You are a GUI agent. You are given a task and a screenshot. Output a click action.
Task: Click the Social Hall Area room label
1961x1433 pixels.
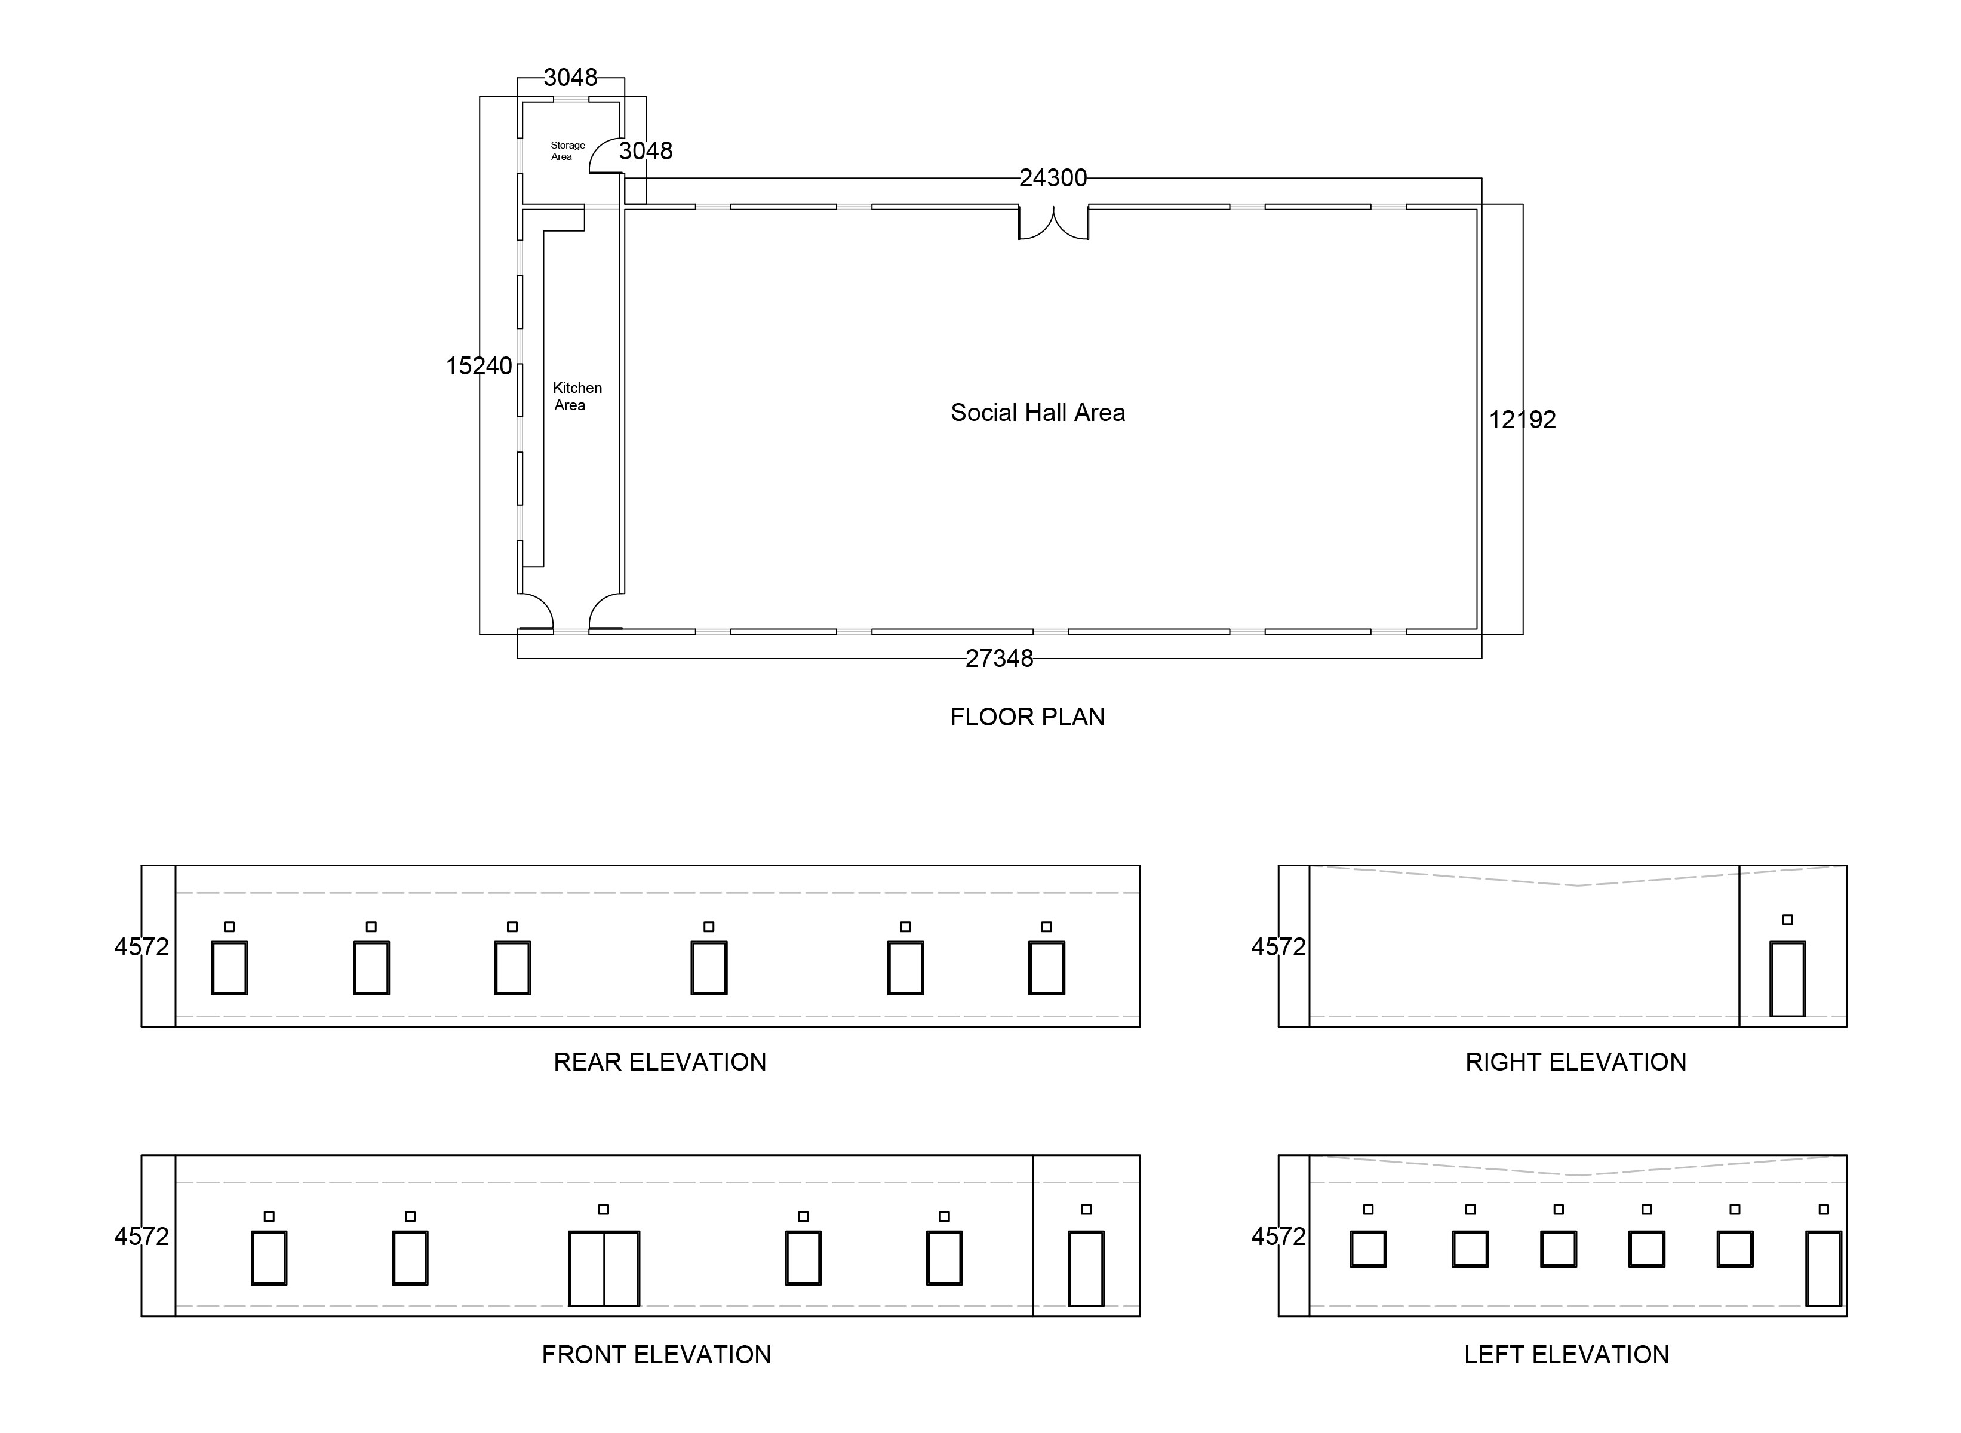[1037, 413]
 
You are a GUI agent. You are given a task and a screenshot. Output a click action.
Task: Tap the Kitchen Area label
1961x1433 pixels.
[577, 396]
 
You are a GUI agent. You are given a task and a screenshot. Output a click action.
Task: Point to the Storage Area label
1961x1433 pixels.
[567, 151]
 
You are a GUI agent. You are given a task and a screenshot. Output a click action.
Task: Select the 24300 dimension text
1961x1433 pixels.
[1053, 178]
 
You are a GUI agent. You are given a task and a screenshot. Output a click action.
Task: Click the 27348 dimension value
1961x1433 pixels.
[999, 659]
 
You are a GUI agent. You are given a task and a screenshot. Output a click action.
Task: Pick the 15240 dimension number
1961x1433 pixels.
[479, 366]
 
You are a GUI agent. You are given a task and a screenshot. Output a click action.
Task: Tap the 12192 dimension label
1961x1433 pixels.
[1522, 420]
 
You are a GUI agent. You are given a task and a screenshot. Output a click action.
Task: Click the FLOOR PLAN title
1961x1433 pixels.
[1027, 717]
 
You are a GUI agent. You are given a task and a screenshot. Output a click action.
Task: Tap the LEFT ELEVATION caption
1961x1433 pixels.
[1566, 1355]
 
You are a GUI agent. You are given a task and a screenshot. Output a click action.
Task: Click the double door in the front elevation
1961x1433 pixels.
[604, 1268]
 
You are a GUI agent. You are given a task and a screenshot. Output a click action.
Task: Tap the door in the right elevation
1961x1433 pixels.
[1788, 979]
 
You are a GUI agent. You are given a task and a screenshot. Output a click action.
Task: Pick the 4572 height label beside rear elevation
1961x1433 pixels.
[142, 947]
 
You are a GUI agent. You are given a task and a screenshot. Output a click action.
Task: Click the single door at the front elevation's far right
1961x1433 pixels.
[1086, 1268]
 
